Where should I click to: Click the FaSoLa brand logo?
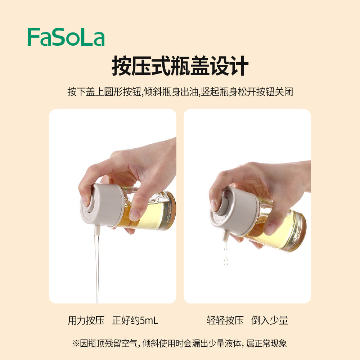click(66, 37)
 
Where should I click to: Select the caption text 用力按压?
click(86, 320)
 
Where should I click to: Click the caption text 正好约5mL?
click(135, 320)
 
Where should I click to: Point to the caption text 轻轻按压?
click(225, 320)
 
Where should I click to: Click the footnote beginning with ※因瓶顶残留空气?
click(180, 343)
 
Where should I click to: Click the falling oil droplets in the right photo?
click(226, 256)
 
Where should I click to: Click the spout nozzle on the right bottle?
click(225, 236)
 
